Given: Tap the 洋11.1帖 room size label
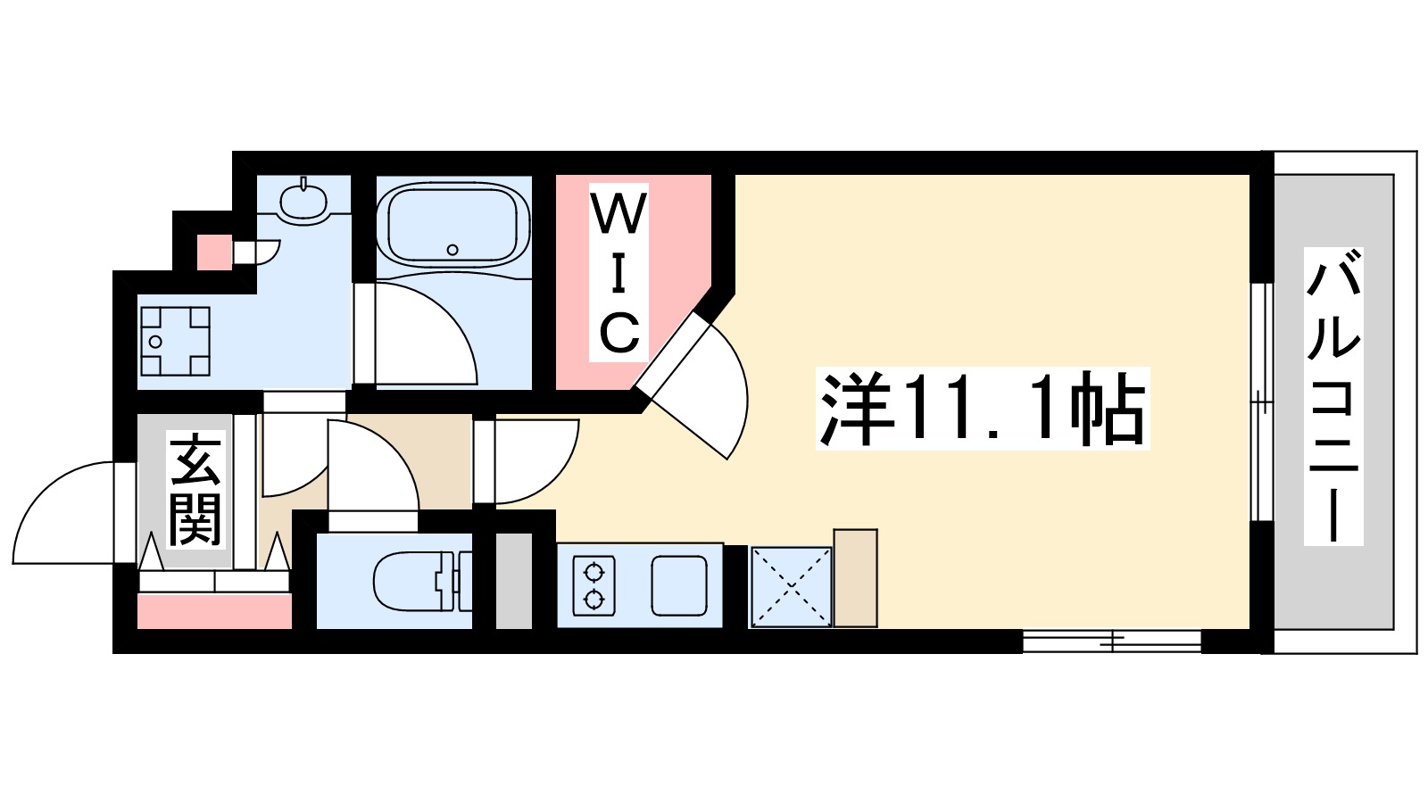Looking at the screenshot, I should (983, 410).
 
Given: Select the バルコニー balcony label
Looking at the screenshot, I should (1333, 396).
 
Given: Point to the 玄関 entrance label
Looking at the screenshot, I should (195, 490).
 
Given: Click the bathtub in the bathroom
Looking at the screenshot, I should (453, 225).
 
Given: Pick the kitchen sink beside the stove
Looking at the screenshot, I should (678, 585).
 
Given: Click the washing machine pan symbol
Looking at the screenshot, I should (175, 341).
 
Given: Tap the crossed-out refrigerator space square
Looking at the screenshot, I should (791, 586).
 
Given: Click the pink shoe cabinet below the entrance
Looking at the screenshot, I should (214, 611).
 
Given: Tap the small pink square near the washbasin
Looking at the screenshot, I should (213, 252).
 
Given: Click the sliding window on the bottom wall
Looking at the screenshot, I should (1111, 640).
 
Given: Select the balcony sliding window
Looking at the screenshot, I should (1260, 401).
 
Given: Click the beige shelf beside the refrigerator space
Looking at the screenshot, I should (855, 577).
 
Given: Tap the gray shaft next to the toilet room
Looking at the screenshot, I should (513, 581).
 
